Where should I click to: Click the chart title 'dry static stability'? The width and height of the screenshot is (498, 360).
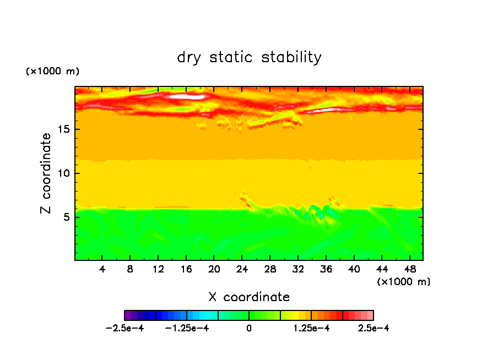coord(249,57)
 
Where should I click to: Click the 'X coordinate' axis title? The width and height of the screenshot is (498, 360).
coord(249,297)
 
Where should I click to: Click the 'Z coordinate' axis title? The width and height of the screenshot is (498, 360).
coord(46,173)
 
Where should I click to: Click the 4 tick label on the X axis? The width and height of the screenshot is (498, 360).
coord(102,269)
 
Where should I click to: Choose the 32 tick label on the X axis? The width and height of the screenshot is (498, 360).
coord(297,269)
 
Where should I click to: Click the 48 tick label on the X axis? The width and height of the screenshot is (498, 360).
coord(409,269)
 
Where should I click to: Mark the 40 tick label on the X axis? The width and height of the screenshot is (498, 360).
coord(354,269)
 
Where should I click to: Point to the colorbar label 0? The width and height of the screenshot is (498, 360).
coord(249,329)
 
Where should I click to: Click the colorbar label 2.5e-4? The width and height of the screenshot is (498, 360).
coord(373,329)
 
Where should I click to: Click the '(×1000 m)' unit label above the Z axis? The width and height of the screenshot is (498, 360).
coord(52,72)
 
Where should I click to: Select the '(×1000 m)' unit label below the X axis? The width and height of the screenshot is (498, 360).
coord(404,282)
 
